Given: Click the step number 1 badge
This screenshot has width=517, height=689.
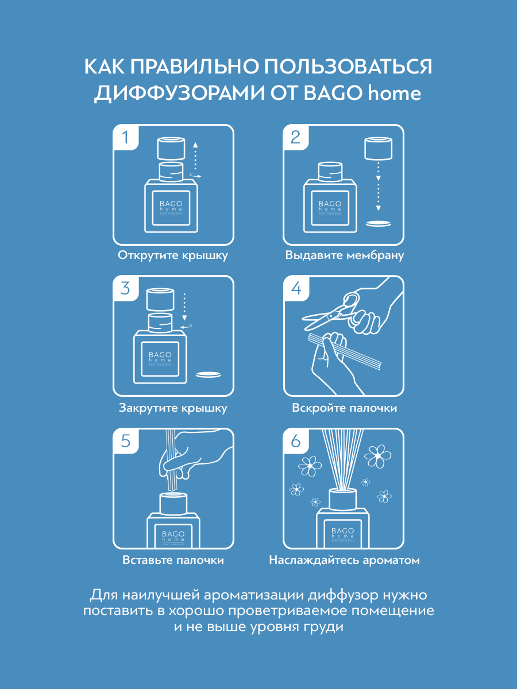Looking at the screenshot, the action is [x=126, y=137].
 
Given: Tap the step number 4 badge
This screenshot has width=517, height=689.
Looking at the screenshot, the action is [x=296, y=288].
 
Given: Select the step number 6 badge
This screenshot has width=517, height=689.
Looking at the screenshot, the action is [x=296, y=441].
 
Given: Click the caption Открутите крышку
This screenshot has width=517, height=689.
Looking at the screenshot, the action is [x=173, y=256].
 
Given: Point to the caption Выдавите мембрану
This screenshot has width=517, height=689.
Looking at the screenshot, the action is [x=344, y=256].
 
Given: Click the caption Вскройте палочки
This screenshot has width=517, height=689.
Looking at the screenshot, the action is [x=344, y=408].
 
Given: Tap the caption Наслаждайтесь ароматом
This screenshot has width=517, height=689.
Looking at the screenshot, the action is [x=344, y=560].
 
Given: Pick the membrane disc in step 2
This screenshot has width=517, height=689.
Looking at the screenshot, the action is [x=378, y=223].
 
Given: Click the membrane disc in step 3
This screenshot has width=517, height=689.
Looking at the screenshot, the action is [x=208, y=374].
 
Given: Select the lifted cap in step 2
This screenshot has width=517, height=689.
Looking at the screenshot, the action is [x=378, y=149].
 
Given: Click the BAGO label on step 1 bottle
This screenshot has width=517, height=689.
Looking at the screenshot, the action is [x=171, y=204].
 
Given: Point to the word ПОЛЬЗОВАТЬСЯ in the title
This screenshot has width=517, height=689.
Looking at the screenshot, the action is [x=348, y=67].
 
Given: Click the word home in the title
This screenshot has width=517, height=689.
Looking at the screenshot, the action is [x=394, y=93].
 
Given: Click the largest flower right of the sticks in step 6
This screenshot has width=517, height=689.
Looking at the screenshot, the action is [x=377, y=455].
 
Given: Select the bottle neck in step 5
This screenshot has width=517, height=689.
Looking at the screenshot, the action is [x=173, y=503].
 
